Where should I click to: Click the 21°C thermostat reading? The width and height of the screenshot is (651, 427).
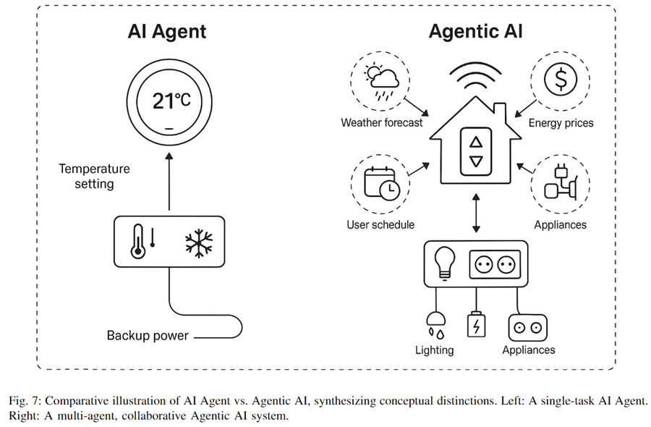[x=171, y=101]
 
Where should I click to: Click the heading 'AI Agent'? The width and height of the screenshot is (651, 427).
[x=167, y=31]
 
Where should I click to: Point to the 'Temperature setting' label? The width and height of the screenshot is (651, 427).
[x=94, y=176]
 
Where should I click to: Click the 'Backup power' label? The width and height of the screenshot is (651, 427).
[x=148, y=335]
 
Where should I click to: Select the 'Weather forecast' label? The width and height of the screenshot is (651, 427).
[x=381, y=122]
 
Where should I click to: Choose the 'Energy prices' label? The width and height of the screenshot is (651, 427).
[x=561, y=123]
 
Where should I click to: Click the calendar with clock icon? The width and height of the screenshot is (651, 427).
[x=380, y=184]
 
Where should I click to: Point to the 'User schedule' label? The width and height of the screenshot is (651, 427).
[x=380, y=224]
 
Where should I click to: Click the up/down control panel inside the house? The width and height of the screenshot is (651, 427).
[x=475, y=152]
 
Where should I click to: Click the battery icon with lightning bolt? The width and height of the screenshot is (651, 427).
[x=477, y=324]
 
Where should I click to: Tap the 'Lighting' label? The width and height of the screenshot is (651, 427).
[x=434, y=350]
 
